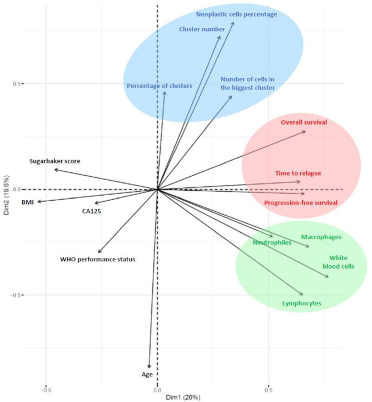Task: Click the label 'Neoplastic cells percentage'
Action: (236, 14)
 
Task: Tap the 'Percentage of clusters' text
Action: (159, 86)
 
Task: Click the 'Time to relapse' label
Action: (298, 173)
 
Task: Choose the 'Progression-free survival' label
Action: (301, 203)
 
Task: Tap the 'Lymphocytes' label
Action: (301, 304)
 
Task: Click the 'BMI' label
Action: (28, 202)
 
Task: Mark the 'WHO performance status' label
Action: (98, 259)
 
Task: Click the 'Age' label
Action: (147, 375)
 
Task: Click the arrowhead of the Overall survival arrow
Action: (305, 131)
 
